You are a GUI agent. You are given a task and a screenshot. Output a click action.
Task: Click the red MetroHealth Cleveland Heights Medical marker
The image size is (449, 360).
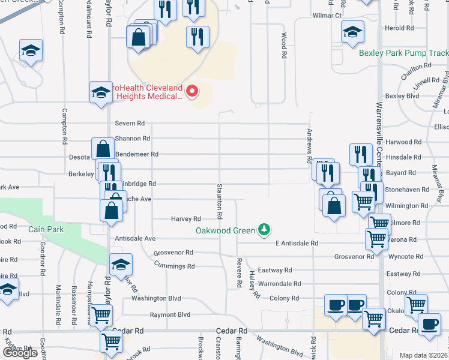pos(192,91)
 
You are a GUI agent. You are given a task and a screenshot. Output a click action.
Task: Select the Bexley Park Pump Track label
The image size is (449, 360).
pos(403,53)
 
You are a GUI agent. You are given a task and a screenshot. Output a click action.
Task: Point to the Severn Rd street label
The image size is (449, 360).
pos(130,123)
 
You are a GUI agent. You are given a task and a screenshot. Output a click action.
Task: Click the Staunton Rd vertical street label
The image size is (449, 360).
pos(220,201)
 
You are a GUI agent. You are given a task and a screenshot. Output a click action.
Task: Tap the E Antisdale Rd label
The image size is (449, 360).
pos(296,243)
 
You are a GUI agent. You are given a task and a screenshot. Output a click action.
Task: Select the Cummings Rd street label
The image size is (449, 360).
pos(174,265)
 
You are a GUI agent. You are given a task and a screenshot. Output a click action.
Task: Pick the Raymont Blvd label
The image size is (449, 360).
pos(170,314)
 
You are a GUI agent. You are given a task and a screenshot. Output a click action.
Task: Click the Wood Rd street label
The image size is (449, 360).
pos(283,46)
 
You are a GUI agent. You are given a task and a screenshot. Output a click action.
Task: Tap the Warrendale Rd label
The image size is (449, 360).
pos(279,283)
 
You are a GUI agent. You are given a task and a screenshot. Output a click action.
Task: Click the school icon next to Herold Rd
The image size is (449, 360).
pos(352,32)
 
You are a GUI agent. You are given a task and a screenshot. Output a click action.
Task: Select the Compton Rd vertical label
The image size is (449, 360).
pos(63,127)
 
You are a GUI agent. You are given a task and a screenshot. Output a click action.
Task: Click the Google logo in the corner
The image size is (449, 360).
pos(20,353)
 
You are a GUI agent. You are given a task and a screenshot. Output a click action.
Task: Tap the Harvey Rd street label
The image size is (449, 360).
pos(185,219)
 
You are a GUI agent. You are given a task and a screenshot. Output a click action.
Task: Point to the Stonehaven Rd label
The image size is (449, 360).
pos(409,189)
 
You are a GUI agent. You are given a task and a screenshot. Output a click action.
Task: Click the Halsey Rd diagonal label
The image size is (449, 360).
pos(255,284)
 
